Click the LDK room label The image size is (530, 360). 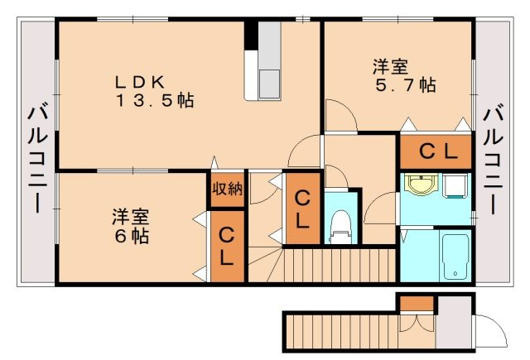[142, 82]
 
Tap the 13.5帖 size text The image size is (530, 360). [155, 101]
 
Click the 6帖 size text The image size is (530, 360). [132, 236]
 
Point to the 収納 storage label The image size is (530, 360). [227, 189]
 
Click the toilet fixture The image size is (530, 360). [340, 225]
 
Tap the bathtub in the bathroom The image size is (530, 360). [455, 256]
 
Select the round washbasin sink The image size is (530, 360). [422, 187]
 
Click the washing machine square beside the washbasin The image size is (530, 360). [456, 187]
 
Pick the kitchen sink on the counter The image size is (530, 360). [270, 83]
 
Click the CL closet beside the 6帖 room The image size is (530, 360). [227, 246]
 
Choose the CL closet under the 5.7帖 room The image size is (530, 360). [436, 151]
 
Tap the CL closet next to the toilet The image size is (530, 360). [302, 209]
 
